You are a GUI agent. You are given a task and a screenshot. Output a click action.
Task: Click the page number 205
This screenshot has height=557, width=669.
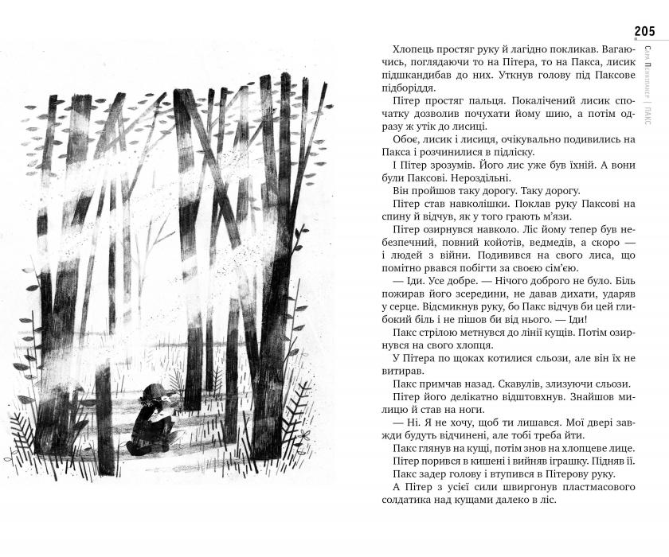[644, 31]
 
